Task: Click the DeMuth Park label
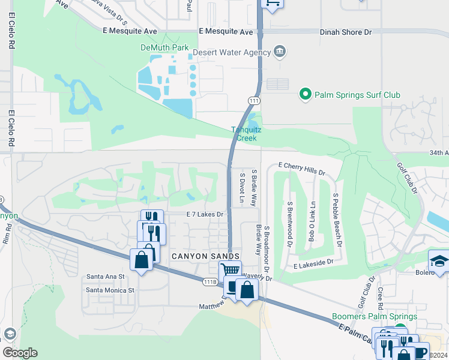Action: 165,47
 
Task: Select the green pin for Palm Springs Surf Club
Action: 305,94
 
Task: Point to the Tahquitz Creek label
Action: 244,134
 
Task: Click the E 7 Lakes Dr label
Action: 205,214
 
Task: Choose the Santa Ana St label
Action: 105,277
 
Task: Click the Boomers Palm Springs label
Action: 375,316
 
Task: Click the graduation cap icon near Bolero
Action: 438,260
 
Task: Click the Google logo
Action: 20,353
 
